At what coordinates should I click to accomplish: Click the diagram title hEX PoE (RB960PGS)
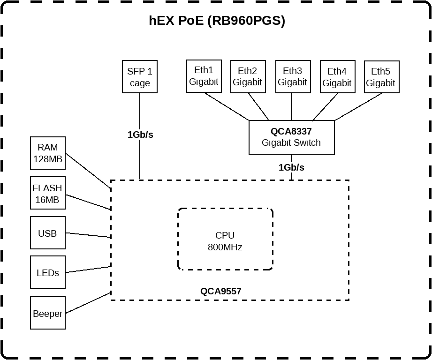point(217,21)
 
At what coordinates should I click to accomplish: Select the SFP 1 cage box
point(139,77)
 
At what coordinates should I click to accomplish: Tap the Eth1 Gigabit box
point(204,76)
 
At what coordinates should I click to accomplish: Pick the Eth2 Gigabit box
point(247,76)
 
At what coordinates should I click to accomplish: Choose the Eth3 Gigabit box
point(292,76)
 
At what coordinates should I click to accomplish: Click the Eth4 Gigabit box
point(337,77)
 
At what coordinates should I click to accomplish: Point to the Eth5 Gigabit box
point(381,77)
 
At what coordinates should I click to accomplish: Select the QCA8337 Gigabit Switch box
point(291,137)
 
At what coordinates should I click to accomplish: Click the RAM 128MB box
point(48,153)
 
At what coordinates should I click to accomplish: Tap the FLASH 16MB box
point(48,193)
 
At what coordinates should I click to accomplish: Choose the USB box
point(48,233)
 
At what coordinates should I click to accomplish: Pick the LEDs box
point(48,272)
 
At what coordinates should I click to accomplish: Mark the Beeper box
point(48,313)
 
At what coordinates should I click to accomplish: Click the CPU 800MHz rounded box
point(225,240)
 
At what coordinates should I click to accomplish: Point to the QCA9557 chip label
point(221,291)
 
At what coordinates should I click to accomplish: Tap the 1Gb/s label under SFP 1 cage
point(140,135)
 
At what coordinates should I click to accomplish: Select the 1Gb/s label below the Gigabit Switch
point(291,167)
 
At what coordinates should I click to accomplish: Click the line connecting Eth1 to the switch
point(227,107)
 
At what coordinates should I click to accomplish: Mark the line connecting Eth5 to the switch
point(358,107)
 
